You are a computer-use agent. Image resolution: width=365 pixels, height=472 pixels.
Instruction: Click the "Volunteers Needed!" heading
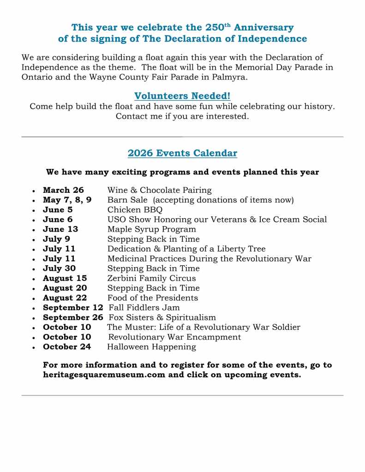coord(182,96)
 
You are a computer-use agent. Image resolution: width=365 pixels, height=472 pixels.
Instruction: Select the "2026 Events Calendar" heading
coord(182,153)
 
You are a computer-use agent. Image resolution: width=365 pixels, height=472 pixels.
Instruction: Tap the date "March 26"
coord(63,190)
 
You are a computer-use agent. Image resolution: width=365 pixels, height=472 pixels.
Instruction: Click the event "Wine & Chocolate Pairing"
coord(159,190)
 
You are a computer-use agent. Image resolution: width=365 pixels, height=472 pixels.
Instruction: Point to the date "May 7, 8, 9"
coord(67,200)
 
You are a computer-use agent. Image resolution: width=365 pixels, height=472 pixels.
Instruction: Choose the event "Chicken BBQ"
coord(135,210)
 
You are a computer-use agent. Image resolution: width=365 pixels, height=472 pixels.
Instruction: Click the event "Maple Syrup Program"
coord(151,229)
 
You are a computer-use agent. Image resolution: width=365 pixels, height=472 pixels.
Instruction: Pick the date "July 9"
coord(56,239)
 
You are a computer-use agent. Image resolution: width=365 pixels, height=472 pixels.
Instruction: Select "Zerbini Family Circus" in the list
coord(151,278)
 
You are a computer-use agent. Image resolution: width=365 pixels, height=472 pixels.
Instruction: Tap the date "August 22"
coord(65,298)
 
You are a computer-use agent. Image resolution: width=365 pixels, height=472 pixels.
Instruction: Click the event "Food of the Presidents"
coord(152,298)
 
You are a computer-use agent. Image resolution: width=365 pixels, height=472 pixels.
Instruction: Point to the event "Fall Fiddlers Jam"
coord(144,307)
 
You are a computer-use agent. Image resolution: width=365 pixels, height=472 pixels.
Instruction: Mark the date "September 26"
coord(73,317)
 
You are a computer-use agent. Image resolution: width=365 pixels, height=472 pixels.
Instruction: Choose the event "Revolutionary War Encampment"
coord(174,337)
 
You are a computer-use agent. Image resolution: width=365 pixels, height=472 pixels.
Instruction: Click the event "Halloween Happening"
coord(151,347)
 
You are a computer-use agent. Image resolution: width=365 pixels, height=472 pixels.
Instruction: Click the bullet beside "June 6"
coord(34,220)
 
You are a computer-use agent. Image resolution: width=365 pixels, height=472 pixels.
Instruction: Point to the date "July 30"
coord(59,269)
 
